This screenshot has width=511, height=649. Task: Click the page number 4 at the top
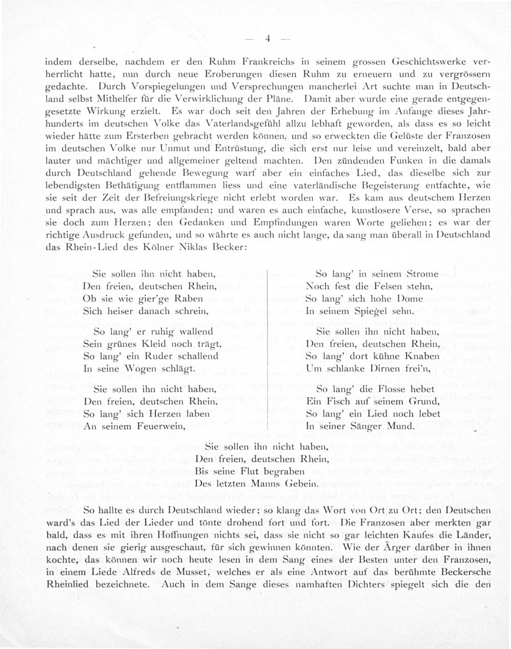[267, 39]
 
